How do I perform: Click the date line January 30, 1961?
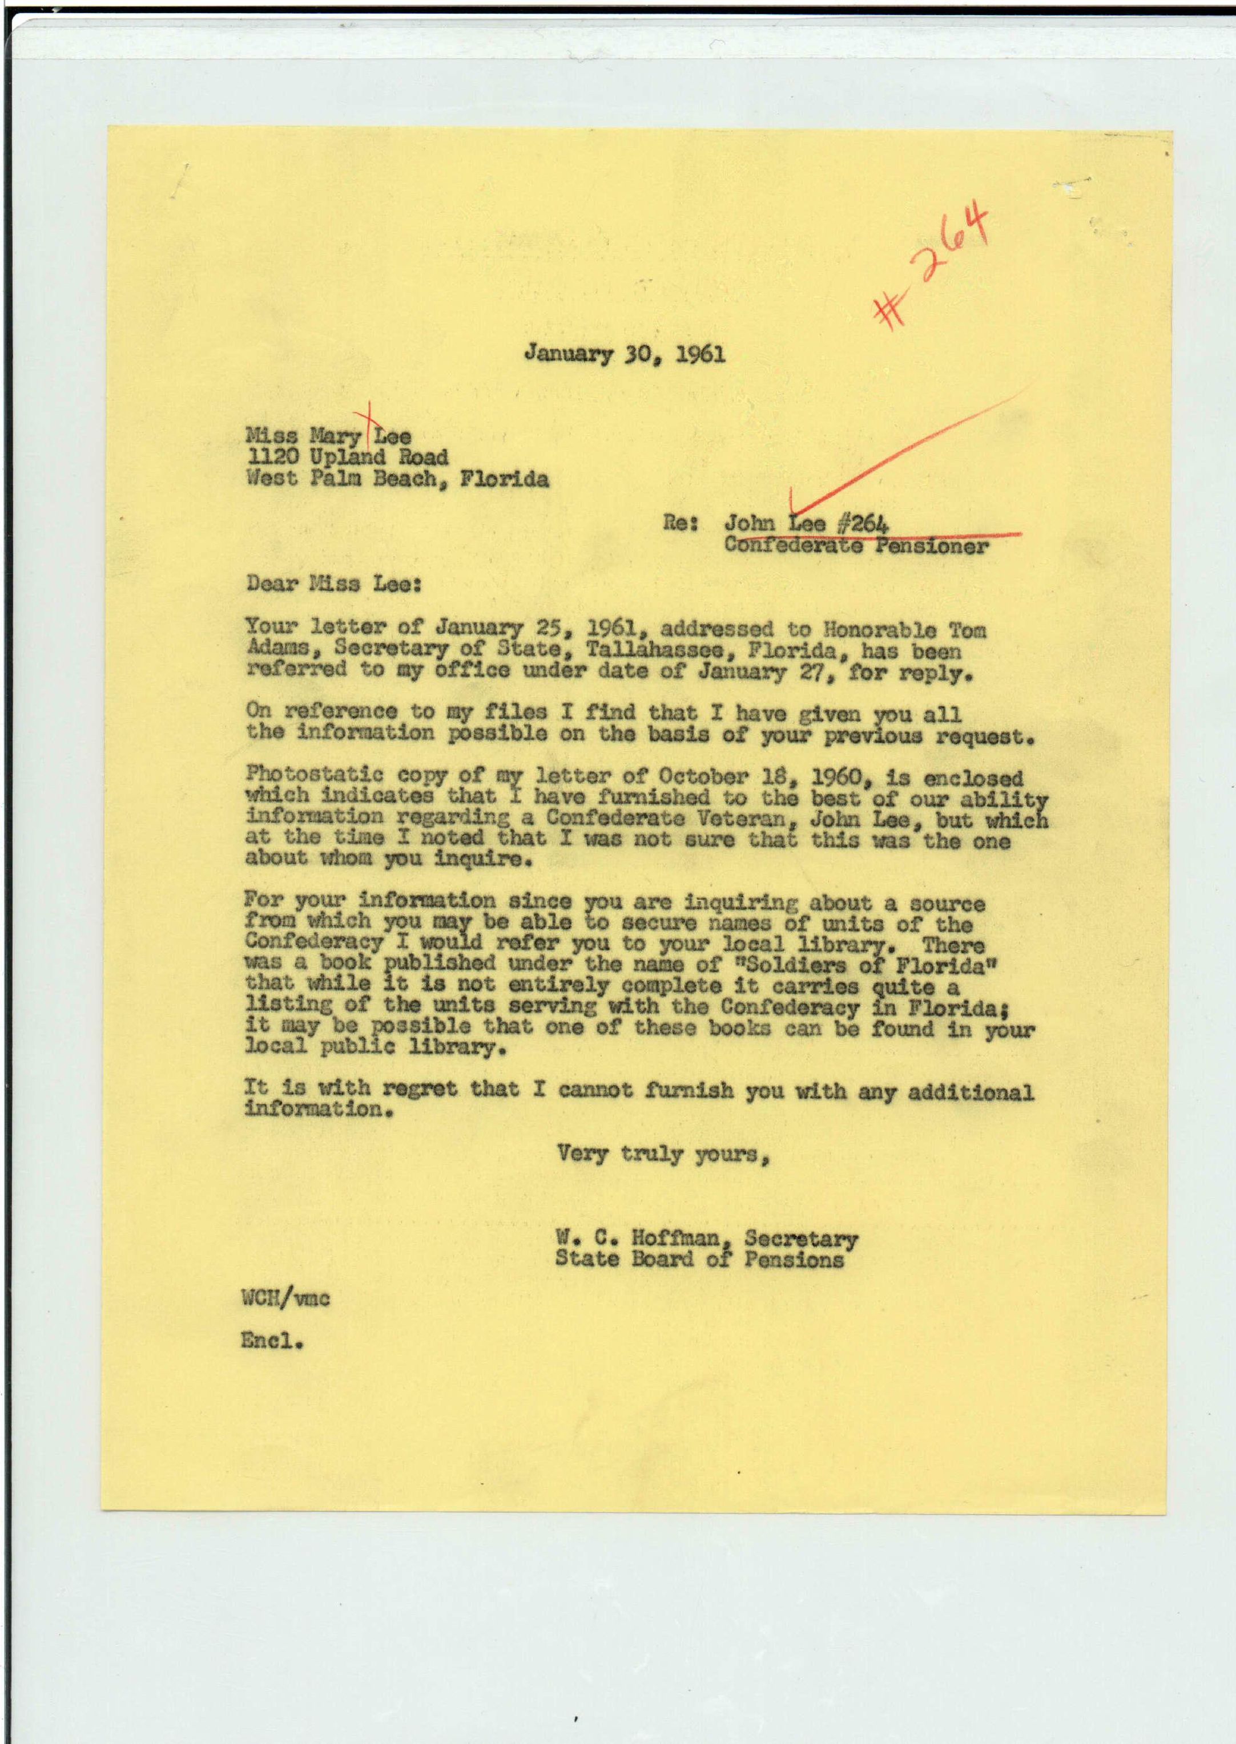click(x=624, y=354)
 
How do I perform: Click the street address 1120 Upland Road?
click(x=347, y=457)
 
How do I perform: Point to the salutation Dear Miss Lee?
click(x=333, y=585)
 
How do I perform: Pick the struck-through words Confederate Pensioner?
click(x=856, y=545)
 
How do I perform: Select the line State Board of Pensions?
click(x=699, y=1259)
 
